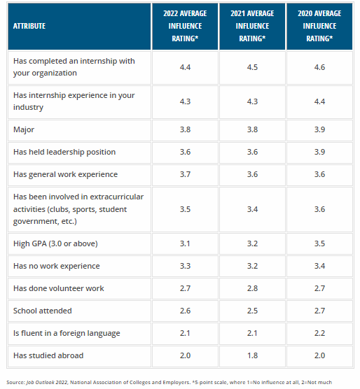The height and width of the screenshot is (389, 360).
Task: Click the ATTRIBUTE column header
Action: click(x=29, y=26)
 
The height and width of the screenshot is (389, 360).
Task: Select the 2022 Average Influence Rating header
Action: click(x=185, y=26)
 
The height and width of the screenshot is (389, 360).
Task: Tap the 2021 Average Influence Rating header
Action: click(x=252, y=26)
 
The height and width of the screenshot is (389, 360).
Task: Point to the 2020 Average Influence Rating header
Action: click(x=319, y=26)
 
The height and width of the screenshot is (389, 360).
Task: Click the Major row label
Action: click(x=24, y=129)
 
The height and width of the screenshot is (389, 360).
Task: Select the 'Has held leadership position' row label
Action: click(x=64, y=152)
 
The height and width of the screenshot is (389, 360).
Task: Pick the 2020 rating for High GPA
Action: click(x=319, y=243)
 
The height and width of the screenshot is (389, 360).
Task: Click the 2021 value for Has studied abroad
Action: click(x=252, y=355)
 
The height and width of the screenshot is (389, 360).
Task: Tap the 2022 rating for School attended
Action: click(x=185, y=311)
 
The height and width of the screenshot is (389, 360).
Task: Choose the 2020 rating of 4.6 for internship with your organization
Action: click(x=319, y=67)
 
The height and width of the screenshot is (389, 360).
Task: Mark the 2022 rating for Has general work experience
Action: click(x=185, y=174)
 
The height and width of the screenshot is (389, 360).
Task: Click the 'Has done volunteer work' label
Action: click(x=59, y=288)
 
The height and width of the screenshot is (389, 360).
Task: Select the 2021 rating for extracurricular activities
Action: click(x=252, y=209)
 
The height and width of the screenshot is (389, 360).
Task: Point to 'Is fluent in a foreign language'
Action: click(x=67, y=333)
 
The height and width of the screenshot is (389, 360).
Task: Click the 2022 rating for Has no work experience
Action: click(x=185, y=266)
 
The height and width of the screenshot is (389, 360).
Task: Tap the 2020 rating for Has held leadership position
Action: click(x=319, y=152)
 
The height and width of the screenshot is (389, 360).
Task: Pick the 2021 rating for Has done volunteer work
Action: click(x=252, y=288)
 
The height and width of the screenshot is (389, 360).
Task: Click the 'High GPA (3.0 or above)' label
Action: click(x=55, y=243)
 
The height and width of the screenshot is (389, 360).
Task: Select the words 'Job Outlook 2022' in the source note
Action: click(x=47, y=382)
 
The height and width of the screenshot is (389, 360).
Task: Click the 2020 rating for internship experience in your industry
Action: click(x=319, y=101)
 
